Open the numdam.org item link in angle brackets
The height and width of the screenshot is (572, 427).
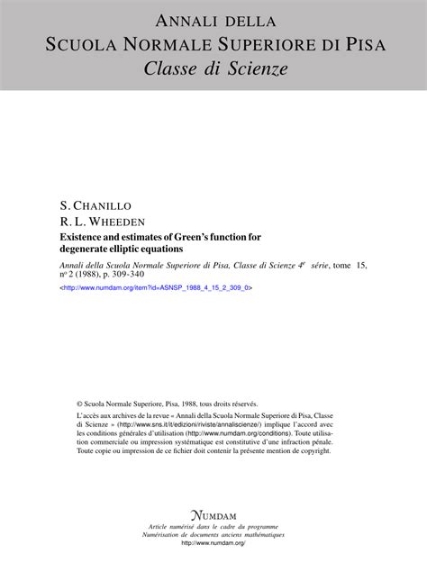(x=156, y=288)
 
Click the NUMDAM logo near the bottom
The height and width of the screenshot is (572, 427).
(x=213, y=511)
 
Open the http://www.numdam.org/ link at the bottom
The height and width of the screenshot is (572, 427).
(x=213, y=543)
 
